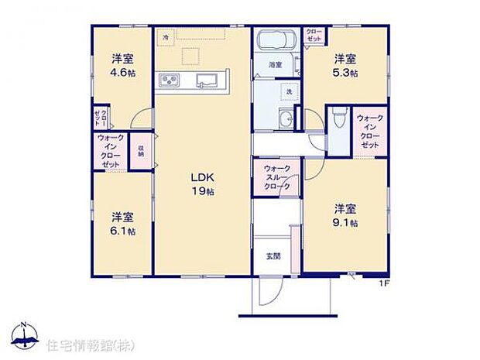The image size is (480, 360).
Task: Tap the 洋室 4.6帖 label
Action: pos(122,65)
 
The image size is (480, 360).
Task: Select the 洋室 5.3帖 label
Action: pos(345,65)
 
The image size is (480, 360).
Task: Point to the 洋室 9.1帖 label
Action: pos(345,215)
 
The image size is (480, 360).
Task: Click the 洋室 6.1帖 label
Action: pos(122,223)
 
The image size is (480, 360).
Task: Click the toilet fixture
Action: pos(338,120)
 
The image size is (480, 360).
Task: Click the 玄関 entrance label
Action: pos(273,255)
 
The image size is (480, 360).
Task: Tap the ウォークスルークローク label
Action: pos(276,177)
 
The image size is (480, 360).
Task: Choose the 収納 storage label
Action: pos(141,147)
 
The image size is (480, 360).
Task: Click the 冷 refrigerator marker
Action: pos(165,36)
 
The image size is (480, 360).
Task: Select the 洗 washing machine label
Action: pos(288,93)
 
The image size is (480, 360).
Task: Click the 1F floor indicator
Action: pos(382,283)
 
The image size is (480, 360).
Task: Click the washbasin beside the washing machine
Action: pos(286,119)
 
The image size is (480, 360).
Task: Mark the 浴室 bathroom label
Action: pos(274,64)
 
